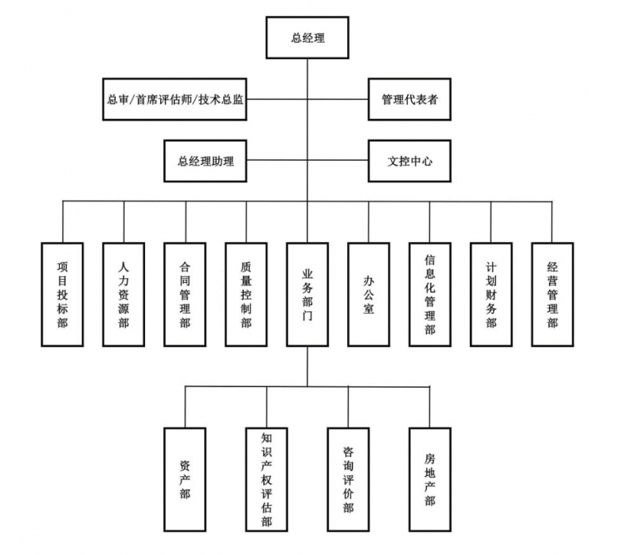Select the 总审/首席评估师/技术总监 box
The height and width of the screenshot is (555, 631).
tap(174, 99)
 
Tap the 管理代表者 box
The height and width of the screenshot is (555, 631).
tap(410, 99)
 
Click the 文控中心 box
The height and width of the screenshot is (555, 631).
tap(410, 160)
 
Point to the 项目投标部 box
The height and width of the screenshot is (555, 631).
tap(62, 294)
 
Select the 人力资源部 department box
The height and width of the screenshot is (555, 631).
tap(124, 294)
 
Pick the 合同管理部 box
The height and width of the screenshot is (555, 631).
tap(185, 294)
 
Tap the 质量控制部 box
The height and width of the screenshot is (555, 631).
tap(246, 294)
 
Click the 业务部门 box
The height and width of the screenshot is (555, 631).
tap(308, 294)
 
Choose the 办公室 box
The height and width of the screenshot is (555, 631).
tap(368, 294)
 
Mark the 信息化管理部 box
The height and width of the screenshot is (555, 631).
tap(430, 294)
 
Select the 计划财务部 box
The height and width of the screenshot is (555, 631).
tap(491, 294)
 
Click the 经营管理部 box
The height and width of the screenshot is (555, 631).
tap(552, 294)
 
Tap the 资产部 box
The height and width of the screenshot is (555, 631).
tap(185, 479)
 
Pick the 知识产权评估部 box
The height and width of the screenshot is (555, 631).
tap(267, 479)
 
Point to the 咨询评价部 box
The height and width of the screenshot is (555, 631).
tap(348, 479)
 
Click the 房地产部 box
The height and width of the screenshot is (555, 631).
tap(430, 479)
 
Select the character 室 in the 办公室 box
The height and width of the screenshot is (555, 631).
tap(368, 309)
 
